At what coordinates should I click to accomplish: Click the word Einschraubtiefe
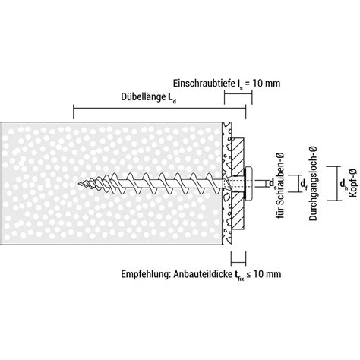204,83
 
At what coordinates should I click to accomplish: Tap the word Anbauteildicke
201,274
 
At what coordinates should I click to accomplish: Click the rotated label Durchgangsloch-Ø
313,184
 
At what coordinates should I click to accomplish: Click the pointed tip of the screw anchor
78,184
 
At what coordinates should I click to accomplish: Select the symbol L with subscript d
170,98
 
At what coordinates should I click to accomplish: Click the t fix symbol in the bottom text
238,276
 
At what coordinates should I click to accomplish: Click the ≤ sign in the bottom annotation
248,275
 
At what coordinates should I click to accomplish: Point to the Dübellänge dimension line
159,109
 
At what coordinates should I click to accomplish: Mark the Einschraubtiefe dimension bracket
238,94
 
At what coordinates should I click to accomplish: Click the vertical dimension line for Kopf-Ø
336,183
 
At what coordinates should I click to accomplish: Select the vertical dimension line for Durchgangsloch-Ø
302,183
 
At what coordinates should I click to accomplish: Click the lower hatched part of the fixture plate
238,211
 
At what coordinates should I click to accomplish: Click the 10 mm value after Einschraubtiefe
267,83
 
